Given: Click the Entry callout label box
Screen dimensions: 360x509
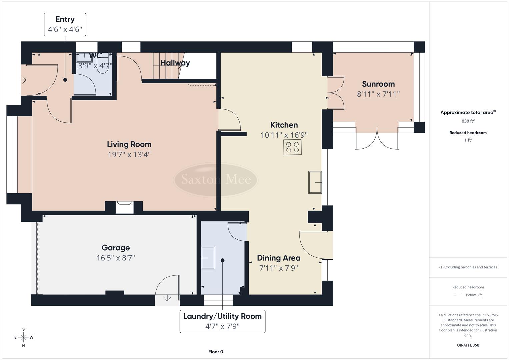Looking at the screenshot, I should (65, 24).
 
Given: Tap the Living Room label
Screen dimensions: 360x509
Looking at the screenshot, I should (129, 144).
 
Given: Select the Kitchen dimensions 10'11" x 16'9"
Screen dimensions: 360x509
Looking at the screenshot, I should (284, 135).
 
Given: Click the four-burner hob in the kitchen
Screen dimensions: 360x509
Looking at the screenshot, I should (292, 147).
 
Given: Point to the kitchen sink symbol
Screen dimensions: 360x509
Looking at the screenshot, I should (315, 182).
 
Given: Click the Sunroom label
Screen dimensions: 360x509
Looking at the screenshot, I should (378, 84).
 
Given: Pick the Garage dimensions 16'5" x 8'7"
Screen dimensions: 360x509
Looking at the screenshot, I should (116, 258).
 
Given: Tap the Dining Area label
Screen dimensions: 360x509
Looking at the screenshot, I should (278, 258).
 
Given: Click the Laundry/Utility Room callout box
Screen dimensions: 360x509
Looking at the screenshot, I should (222, 321).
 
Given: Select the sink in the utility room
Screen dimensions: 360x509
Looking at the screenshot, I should (208, 258).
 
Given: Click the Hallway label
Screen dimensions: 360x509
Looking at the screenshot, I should (175, 63).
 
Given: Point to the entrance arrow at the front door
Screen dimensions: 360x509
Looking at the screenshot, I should (23, 80).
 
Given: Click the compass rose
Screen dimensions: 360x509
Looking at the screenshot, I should (23, 337).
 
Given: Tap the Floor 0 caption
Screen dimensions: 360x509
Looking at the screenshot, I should (215, 352).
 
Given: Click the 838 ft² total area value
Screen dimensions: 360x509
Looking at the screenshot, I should (468, 121).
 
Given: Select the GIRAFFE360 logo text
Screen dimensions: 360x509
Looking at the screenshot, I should (468, 345).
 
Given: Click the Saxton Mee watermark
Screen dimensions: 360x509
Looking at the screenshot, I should (216, 180).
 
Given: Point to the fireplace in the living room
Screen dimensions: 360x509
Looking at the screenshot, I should (124, 207).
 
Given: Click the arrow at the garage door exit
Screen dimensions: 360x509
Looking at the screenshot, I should (167, 299).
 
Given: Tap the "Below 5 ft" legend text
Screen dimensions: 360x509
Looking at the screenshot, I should (474, 295).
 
